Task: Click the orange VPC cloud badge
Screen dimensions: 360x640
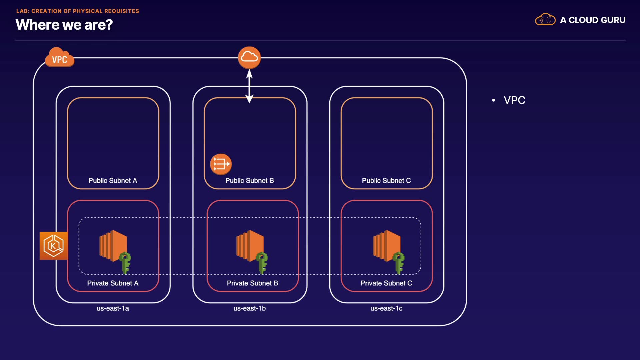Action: pos(59,58)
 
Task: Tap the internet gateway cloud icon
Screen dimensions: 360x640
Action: pos(249,57)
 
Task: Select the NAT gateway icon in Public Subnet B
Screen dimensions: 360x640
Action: pos(221,164)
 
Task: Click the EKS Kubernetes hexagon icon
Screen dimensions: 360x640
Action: pos(53,246)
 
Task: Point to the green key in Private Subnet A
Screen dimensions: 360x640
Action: pos(125,262)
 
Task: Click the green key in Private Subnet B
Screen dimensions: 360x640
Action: pos(262,262)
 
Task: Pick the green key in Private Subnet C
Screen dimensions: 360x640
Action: pos(399,262)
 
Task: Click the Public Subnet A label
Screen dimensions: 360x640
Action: pos(113,181)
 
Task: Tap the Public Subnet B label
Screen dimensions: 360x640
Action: pos(249,181)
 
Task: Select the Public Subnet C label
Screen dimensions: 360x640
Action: pos(386,181)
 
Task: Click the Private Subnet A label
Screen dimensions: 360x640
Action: pos(113,283)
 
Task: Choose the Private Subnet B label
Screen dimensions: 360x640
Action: pos(252,283)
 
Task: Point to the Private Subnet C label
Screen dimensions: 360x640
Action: pos(386,283)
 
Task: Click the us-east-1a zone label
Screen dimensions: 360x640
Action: pos(113,309)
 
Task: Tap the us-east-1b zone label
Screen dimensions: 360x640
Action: pos(249,309)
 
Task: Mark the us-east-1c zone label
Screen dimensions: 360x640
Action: pos(386,309)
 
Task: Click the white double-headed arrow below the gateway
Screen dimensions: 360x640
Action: pos(249,86)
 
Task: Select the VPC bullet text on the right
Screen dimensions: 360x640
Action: pos(514,100)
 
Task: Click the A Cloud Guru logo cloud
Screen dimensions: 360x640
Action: pos(545,20)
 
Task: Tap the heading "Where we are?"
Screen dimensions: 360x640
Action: pos(64,25)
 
